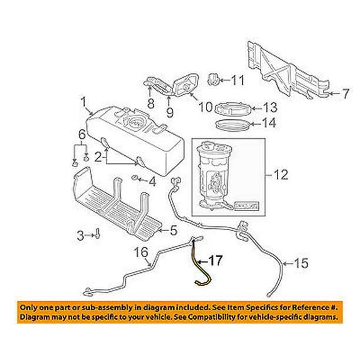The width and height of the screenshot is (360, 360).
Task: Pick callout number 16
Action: (x=141, y=254)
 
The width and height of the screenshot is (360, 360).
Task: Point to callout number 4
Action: (x=152, y=182)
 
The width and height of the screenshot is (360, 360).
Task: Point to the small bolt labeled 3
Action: (x=96, y=236)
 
